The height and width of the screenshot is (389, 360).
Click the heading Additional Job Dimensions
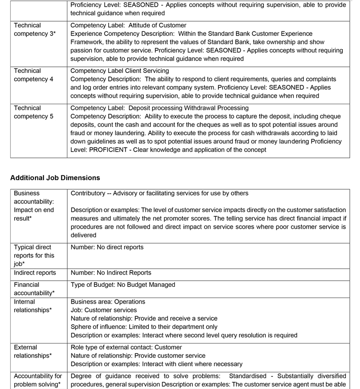click(x=55, y=178)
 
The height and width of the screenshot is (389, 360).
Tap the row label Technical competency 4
click(x=33, y=75)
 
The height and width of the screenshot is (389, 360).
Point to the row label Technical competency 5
click(x=33, y=112)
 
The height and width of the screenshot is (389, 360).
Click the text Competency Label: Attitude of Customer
click(x=128, y=25)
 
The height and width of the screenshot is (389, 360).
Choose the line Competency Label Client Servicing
click(x=119, y=71)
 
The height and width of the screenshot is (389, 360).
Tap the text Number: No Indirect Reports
click(x=110, y=273)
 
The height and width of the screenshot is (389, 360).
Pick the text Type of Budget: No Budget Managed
click(x=123, y=285)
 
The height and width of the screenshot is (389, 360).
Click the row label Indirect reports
click(x=35, y=273)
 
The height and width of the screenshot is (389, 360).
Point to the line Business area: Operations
click(x=108, y=301)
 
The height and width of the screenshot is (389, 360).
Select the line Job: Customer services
click(x=103, y=310)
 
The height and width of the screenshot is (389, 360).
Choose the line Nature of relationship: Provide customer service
click(x=138, y=356)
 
